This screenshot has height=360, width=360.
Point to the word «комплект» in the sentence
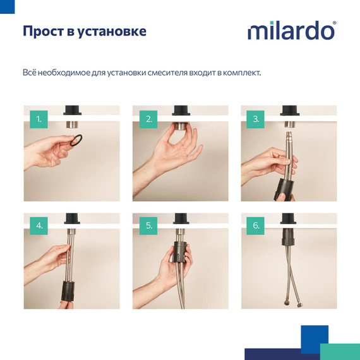(241, 73)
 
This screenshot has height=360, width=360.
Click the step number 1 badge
(39, 118)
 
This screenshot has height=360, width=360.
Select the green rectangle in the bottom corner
(340, 352)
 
